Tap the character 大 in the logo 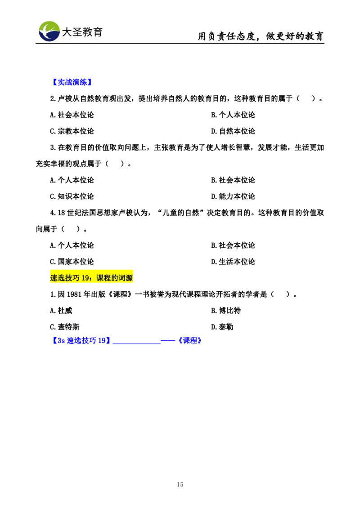coord(67,32)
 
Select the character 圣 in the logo coord(77,32)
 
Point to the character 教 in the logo coord(88,32)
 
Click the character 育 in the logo coord(98,32)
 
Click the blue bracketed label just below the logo coord(72,82)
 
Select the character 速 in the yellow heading coord(54,278)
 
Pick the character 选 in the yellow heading coord(62,278)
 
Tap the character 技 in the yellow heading coord(69,278)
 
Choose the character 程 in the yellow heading coord(108,278)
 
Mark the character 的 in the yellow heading coord(115,278)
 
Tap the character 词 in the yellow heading coord(122,278)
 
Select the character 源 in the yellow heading coord(130,278)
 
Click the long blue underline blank coord(136,343)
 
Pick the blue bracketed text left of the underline coord(81,341)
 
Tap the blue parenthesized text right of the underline coord(189,341)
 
